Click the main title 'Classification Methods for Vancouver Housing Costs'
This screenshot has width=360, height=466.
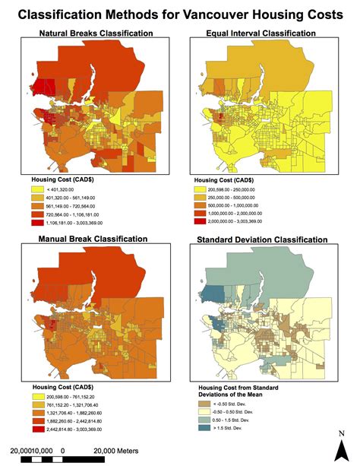(x=180, y=14)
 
